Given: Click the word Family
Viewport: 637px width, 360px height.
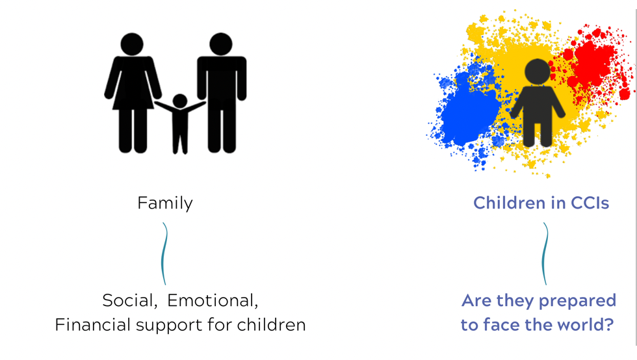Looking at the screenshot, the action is pyautogui.click(x=165, y=203).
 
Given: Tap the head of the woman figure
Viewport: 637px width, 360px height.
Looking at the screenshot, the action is pyautogui.click(x=132, y=44).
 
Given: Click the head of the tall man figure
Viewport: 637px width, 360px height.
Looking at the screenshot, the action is pyautogui.click(x=221, y=44).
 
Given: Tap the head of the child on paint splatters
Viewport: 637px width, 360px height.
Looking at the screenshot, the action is pyautogui.click(x=538, y=71).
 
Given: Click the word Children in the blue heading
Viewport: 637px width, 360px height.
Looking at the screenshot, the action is pyautogui.click(x=508, y=203).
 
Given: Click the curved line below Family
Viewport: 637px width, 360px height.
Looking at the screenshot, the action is pyautogui.click(x=164, y=253).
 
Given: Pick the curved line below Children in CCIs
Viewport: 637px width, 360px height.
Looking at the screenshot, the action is pyautogui.click(x=545, y=253).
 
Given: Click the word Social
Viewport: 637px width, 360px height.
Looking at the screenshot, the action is pyautogui.click(x=129, y=301).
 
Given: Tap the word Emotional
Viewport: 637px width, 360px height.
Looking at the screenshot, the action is pyautogui.click(x=213, y=301).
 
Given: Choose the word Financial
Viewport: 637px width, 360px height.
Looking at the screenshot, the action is pyautogui.click(x=93, y=325).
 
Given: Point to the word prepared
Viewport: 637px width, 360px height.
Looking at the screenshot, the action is pyautogui.click(x=577, y=302).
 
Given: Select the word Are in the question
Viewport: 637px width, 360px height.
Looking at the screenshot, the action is pyautogui.click(x=477, y=301).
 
